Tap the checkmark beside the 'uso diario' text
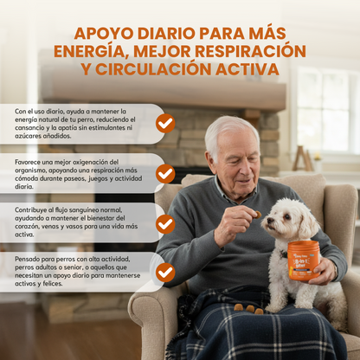[164, 124]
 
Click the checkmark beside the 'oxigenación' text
[164, 173]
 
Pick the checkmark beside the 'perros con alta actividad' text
[164, 272]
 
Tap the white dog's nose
[265, 227]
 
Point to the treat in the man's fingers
[257, 214]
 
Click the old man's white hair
[231, 125]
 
